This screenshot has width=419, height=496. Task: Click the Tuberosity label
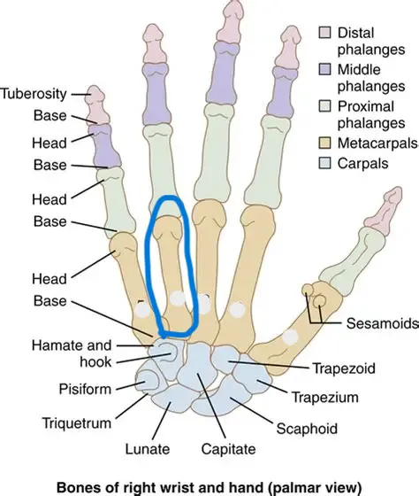tap(34, 94)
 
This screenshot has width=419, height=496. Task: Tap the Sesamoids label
tap(383, 323)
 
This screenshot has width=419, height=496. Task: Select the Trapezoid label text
tap(344, 368)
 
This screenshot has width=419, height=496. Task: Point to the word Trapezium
tap(324, 398)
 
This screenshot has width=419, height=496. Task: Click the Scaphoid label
tap(307, 429)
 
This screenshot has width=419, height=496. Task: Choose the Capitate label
tap(229, 449)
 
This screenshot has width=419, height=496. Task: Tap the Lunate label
tap(148, 449)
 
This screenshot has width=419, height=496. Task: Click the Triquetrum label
tap(77, 423)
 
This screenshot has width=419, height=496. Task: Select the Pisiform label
tap(85, 389)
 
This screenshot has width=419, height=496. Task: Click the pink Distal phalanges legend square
tap(324, 32)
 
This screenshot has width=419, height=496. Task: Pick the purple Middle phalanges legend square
tap(324, 69)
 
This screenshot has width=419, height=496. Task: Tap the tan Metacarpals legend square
tap(324, 143)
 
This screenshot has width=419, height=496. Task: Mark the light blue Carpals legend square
tap(324, 163)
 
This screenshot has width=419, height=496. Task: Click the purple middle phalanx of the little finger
tap(103, 146)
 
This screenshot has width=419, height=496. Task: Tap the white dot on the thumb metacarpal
tap(290, 337)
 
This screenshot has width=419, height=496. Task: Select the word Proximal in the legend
tap(366, 106)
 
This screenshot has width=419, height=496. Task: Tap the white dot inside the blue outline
tap(178, 298)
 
